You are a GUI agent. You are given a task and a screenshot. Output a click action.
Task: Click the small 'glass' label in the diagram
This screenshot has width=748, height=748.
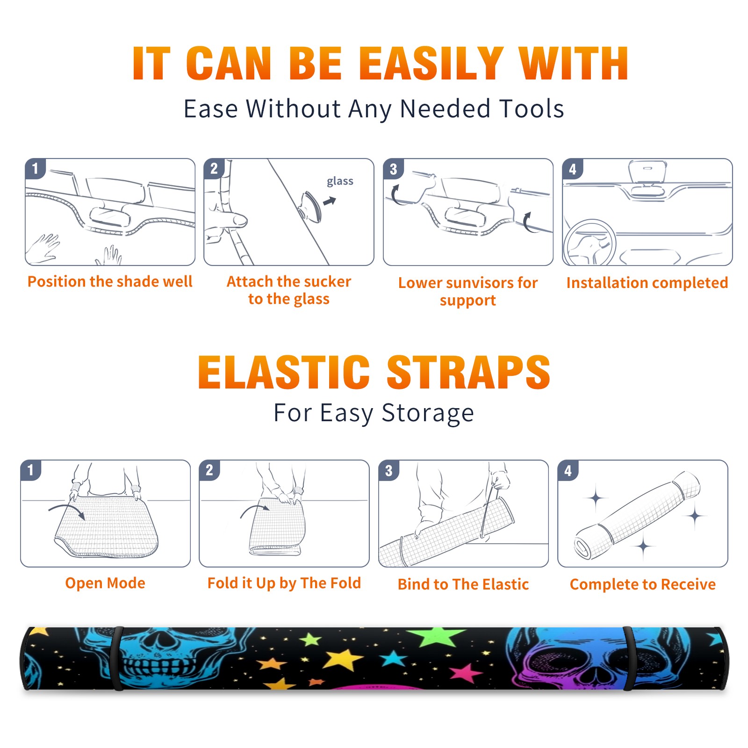[x=340, y=181]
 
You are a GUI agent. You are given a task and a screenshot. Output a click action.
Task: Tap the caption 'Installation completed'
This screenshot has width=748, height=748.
[x=647, y=282]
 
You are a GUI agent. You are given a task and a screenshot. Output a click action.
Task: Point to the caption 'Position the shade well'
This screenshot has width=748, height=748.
[x=110, y=281]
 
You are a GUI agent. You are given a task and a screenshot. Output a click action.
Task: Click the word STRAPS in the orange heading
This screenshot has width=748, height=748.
[x=468, y=372]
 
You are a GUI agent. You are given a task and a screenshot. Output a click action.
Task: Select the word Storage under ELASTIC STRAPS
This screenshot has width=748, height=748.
[x=428, y=413]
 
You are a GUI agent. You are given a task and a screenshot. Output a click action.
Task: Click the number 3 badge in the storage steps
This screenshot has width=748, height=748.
[x=388, y=470]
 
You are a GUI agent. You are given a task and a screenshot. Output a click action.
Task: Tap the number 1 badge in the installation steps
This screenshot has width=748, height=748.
[x=35, y=168]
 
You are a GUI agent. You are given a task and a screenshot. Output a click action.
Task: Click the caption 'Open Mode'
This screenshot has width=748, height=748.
[x=105, y=583]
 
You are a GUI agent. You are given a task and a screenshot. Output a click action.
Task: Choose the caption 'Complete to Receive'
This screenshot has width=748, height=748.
[x=643, y=584]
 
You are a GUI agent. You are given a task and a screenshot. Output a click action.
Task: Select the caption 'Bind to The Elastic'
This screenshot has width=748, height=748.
[x=463, y=584]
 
